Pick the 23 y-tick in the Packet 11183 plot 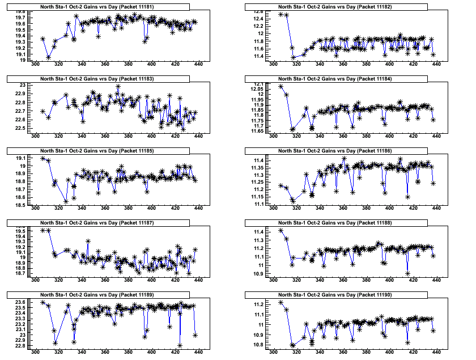click(22, 85)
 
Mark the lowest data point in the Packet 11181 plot click(49, 57)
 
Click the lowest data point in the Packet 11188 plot click(408, 273)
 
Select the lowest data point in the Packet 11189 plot click(180, 345)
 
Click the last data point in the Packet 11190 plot click(433, 331)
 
